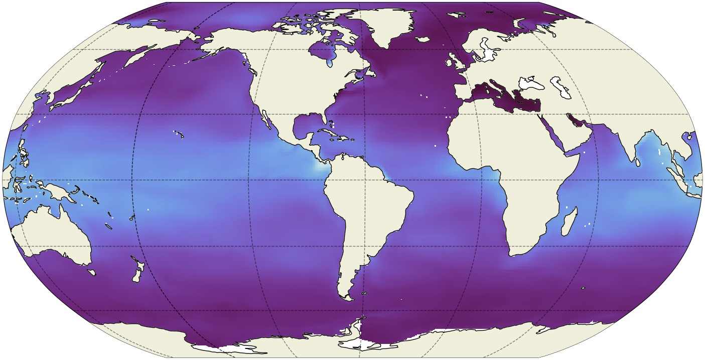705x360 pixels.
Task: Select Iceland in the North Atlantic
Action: pyautogui.click(x=425, y=39)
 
